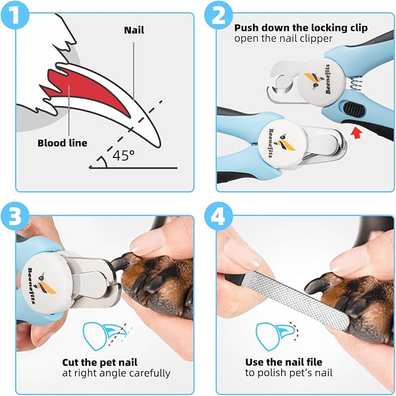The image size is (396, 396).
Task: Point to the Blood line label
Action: point(62,143)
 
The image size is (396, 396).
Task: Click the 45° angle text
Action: point(123,156)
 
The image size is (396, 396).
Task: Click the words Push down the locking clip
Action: point(302,27)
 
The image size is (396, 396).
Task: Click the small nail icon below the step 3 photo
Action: point(99,335)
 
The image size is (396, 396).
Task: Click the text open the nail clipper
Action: point(283,39)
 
